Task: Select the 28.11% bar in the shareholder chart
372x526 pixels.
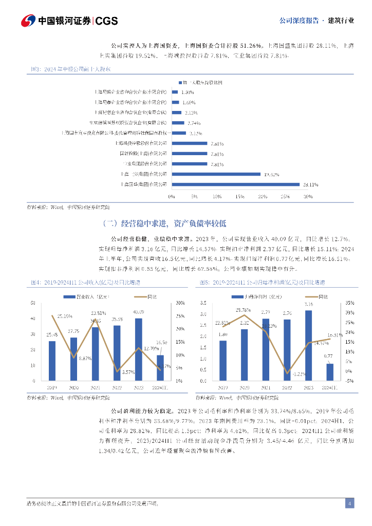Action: pos(235,184)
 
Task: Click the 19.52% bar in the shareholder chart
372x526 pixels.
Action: pos(215,174)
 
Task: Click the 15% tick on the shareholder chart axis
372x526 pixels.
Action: pos(239,196)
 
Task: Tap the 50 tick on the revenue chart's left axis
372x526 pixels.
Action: pos(33,303)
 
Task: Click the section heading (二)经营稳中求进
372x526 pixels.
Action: pos(164,223)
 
